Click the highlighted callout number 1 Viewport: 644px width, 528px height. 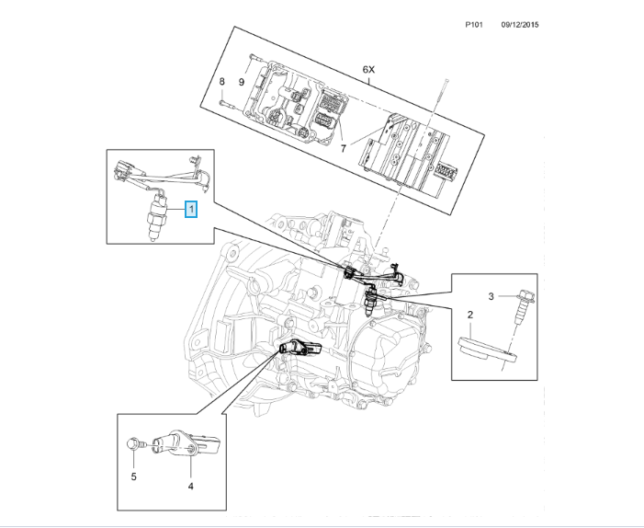point(191,210)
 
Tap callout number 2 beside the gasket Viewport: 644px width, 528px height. point(469,316)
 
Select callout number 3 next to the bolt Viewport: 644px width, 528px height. point(491,296)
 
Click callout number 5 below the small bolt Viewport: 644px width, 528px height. point(133,476)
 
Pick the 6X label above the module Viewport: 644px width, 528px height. point(369,70)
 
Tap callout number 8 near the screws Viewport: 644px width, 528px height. point(221,82)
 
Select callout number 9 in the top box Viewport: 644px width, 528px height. point(242,82)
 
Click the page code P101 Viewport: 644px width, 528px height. point(476,26)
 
